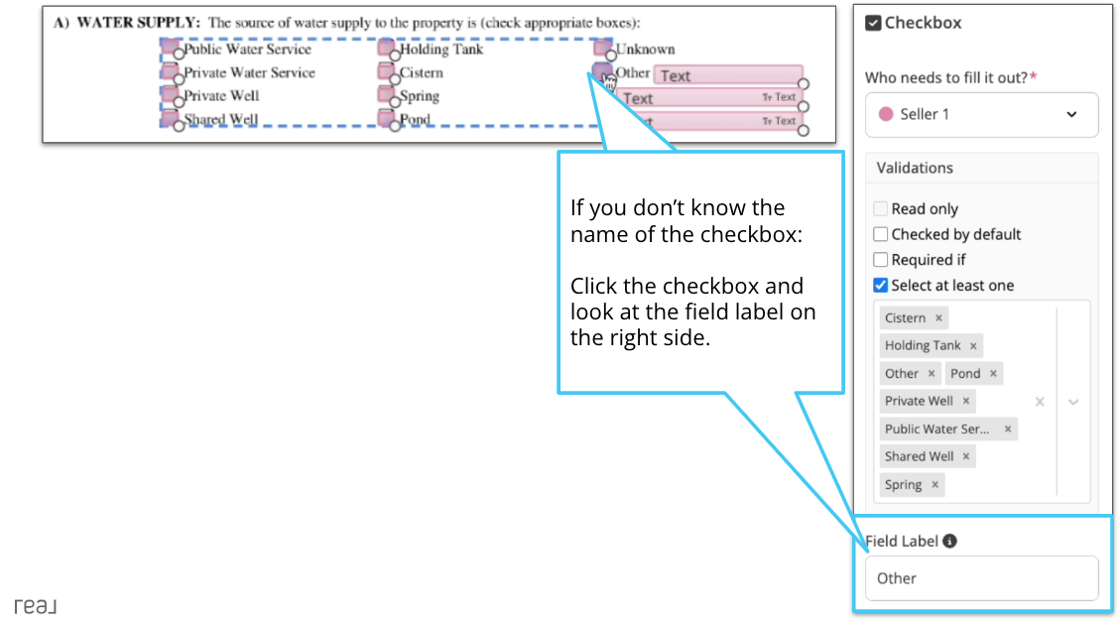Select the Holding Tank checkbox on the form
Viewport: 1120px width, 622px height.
(385, 49)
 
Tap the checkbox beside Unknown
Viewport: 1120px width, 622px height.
(601, 49)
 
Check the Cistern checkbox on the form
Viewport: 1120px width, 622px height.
(385, 71)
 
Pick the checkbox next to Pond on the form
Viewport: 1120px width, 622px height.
(385, 118)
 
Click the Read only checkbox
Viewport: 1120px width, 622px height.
(880, 209)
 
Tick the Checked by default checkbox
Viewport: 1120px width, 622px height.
(880, 235)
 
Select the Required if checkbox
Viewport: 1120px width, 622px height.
(880, 260)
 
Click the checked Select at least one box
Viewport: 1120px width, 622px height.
(880, 286)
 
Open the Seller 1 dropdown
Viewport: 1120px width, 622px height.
(981, 115)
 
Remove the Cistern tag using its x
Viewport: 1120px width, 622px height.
(938, 318)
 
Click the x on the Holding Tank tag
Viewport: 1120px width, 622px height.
(973, 346)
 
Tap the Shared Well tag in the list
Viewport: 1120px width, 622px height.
(919, 456)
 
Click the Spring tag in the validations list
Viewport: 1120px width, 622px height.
(903, 484)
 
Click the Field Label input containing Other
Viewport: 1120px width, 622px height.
(981, 578)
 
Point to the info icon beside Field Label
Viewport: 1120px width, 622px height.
(949, 542)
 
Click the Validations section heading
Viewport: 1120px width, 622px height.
(915, 168)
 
